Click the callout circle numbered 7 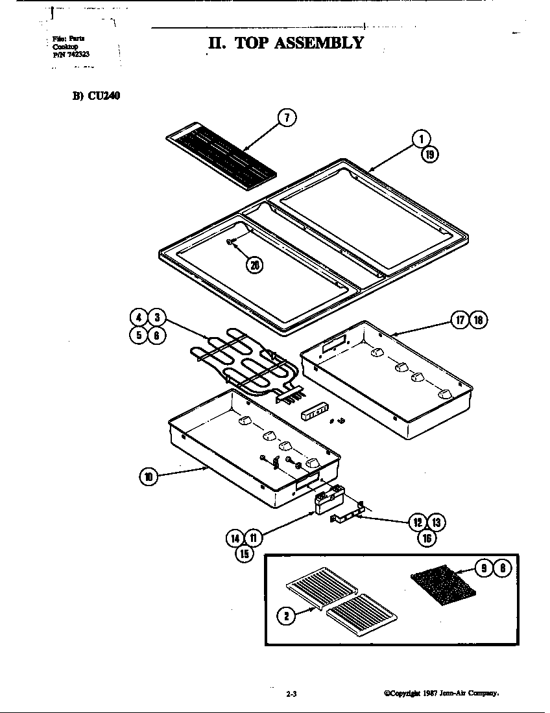287,117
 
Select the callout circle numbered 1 420,139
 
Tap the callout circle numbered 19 429,154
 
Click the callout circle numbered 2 286,615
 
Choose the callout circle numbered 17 460,320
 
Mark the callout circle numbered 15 244,554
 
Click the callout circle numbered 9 484,568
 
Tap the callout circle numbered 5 139,335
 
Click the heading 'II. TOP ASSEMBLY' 285,43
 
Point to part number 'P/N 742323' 67,55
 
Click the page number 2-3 291,694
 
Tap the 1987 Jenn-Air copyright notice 440,693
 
